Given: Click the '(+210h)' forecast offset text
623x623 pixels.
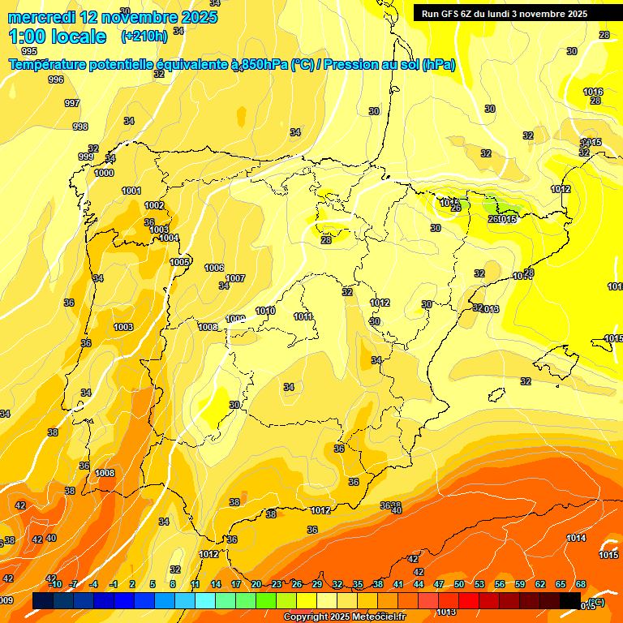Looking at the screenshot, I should pos(144,36).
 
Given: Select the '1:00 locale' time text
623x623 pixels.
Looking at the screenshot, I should pos(58,37).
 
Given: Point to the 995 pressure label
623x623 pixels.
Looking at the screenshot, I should pos(29,51).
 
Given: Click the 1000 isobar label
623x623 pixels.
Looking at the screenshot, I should pos(104,173).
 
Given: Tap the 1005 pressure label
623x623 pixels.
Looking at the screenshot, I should pos(179,262).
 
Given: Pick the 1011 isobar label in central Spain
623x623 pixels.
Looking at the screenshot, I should pos(303,316).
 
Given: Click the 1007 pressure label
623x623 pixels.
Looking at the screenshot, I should pos(235,278).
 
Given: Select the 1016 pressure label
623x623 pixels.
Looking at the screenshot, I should pos(593,92).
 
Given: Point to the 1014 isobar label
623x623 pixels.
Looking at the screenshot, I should pos(576,538).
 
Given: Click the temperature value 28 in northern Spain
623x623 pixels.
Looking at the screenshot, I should pos(326,240).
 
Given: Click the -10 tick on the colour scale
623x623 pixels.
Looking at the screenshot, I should pos(54,584).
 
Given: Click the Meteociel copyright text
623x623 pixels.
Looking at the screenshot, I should pos(344,617).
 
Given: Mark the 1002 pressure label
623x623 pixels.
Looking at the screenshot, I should pos(154,205).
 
